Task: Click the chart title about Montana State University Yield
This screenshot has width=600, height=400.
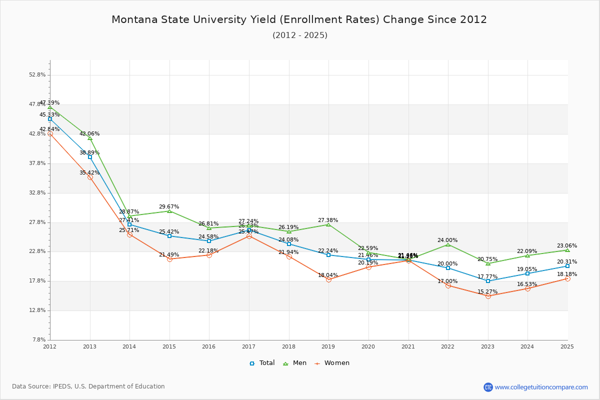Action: pyautogui.click(x=299, y=20)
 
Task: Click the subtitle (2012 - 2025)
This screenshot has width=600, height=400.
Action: pyautogui.click(x=300, y=35)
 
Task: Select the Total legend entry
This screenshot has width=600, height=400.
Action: pyautogui.click(x=262, y=363)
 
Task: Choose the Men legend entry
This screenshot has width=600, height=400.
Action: pyautogui.click(x=295, y=363)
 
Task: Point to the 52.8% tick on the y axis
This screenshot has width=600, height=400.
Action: pyautogui.click(x=38, y=75)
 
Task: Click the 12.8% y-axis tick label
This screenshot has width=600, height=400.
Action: pyautogui.click(x=38, y=310)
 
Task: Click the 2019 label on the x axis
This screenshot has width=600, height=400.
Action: pyautogui.click(x=328, y=346)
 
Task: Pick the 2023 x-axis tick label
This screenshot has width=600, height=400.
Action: pyautogui.click(x=487, y=346)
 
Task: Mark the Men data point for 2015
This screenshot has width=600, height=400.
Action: pyautogui.click(x=169, y=211)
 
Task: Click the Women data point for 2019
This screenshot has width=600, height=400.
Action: pyautogui.click(x=328, y=279)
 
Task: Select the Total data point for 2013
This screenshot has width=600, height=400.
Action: pyautogui.click(x=90, y=157)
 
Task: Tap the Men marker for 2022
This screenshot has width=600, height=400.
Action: pyautogui.click(x=448, y=244)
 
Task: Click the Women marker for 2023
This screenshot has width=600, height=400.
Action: pyautogui.click(x=488, y=296)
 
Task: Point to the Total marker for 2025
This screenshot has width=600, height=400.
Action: pyautogui.click(x=567, y=266)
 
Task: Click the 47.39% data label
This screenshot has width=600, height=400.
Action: pyautogui.click(x=49, y=103)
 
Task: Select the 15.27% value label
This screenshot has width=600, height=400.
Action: pyautogui.click(x=487, y=292)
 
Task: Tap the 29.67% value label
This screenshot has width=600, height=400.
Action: pyautogui.click(x=169, y=207)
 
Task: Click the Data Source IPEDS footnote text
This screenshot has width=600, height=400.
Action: pyautogui.click(x=88, y=386)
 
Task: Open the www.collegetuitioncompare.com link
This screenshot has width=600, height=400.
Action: pyautogui.click(x=541, y=387)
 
